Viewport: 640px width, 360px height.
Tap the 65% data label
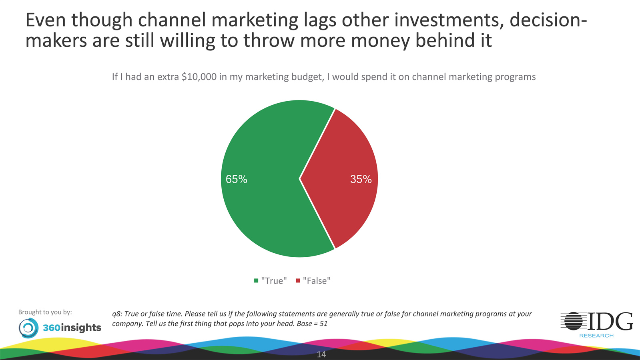(236, 179)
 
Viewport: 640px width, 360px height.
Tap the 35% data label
(361, 179)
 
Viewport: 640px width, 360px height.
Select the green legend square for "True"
(256, 281)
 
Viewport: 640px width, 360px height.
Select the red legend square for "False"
(298, 281)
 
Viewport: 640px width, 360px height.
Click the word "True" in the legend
(274, 281)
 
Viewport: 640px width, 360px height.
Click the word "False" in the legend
(317, 281)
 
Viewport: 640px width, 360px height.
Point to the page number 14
(321, 354)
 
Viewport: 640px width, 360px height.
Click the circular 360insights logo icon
(28, 328)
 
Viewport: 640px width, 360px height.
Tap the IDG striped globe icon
(573, 321)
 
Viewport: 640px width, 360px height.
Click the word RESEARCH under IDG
(596, 336)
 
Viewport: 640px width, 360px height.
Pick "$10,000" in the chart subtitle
(199, 77)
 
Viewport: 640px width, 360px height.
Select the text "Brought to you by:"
(45, 312)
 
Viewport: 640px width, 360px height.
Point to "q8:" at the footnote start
(117, 314)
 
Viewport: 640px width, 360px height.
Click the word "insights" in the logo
(81, 328)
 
